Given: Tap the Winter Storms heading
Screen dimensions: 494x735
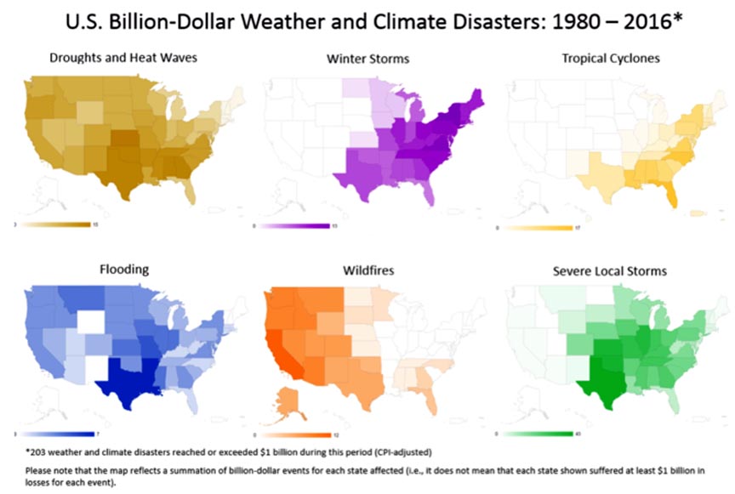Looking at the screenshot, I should [368, 59].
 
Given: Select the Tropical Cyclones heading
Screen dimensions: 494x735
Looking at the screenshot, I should [611, 59].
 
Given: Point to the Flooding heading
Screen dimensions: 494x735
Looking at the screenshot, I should [124, 270].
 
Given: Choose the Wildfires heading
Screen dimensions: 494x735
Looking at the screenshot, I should [368, 270].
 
